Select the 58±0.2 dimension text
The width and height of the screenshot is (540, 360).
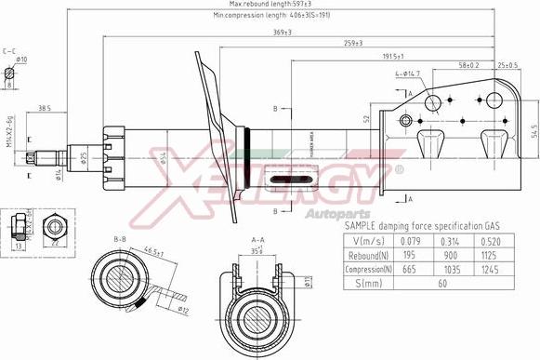point(468,65)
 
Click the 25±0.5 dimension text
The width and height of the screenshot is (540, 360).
point(507,65)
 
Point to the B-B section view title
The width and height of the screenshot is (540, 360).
point(120,239)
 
